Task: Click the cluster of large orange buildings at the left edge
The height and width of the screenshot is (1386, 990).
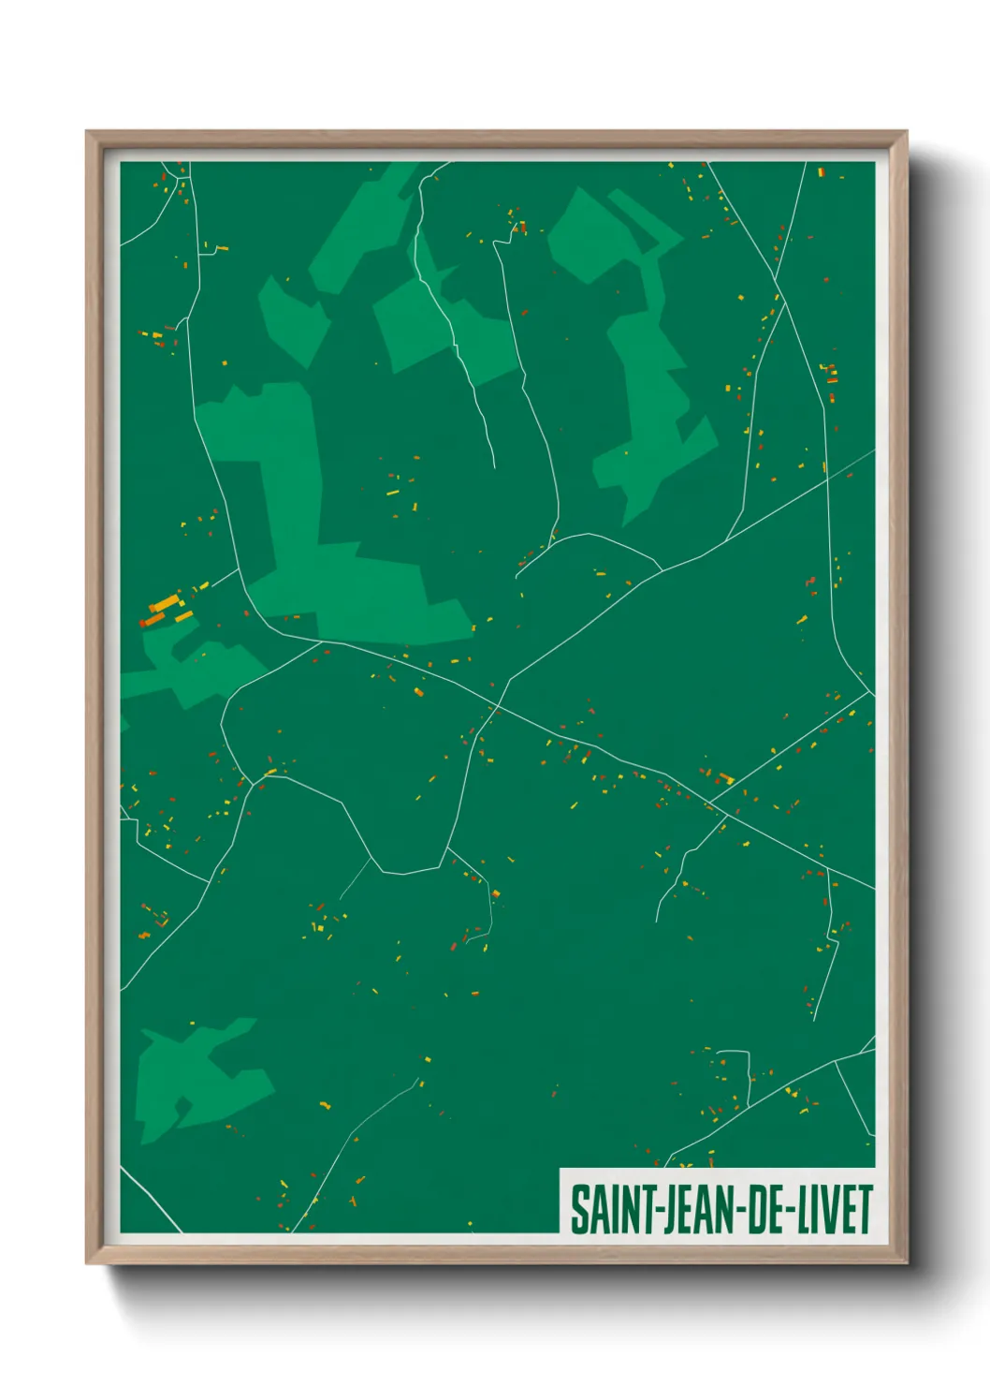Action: (x=166, y=610)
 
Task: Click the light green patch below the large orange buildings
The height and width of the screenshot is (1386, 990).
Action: (x=197, y=670)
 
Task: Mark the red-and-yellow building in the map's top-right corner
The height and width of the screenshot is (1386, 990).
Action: (x=822, y=173)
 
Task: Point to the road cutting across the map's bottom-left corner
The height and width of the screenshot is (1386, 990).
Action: (x=150, y=1200)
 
